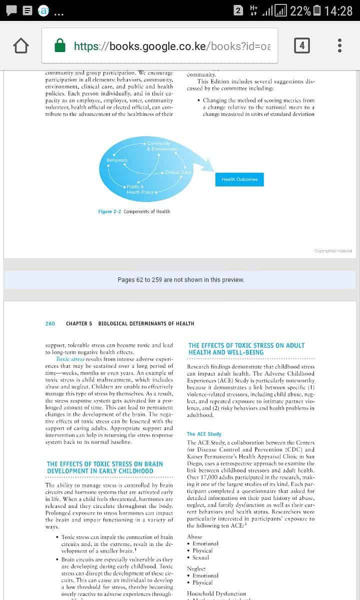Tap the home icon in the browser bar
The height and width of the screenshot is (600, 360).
click(20, 46)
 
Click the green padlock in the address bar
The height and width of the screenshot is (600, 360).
click(60, 46)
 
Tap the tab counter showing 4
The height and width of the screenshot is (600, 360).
click(301, 46)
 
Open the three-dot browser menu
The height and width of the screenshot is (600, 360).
click(340, 46)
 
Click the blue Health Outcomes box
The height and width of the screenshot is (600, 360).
click(239, 179)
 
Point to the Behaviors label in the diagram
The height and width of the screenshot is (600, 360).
click(117, 160)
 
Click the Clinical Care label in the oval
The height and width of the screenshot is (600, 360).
click(178, 172)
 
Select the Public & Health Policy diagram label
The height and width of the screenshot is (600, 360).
click(140, 189)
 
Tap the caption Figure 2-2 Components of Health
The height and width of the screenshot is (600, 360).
click(134, 211)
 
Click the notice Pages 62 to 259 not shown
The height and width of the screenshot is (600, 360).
click(180, 280)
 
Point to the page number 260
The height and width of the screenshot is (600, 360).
click(50, 323)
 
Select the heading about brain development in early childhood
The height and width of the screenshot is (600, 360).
click(104, 467)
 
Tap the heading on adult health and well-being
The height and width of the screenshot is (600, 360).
click(246, 348)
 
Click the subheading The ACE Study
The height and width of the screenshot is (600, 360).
click(204, 434)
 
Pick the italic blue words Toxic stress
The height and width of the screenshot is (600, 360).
click(70, 359)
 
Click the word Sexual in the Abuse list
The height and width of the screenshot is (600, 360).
click(201, 557)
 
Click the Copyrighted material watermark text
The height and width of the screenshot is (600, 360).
click(333, 250)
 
